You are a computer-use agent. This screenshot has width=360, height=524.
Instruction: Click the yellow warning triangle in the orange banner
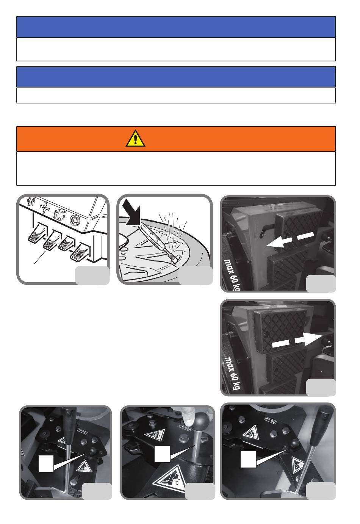point(135,139)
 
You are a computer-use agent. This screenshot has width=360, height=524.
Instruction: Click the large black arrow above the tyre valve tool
point(132,213)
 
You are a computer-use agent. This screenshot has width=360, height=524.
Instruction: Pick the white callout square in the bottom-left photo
point(46,463)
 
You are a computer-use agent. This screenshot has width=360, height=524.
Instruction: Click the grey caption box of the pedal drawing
point(92,275)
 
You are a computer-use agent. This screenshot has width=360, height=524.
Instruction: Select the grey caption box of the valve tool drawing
point(196,275)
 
